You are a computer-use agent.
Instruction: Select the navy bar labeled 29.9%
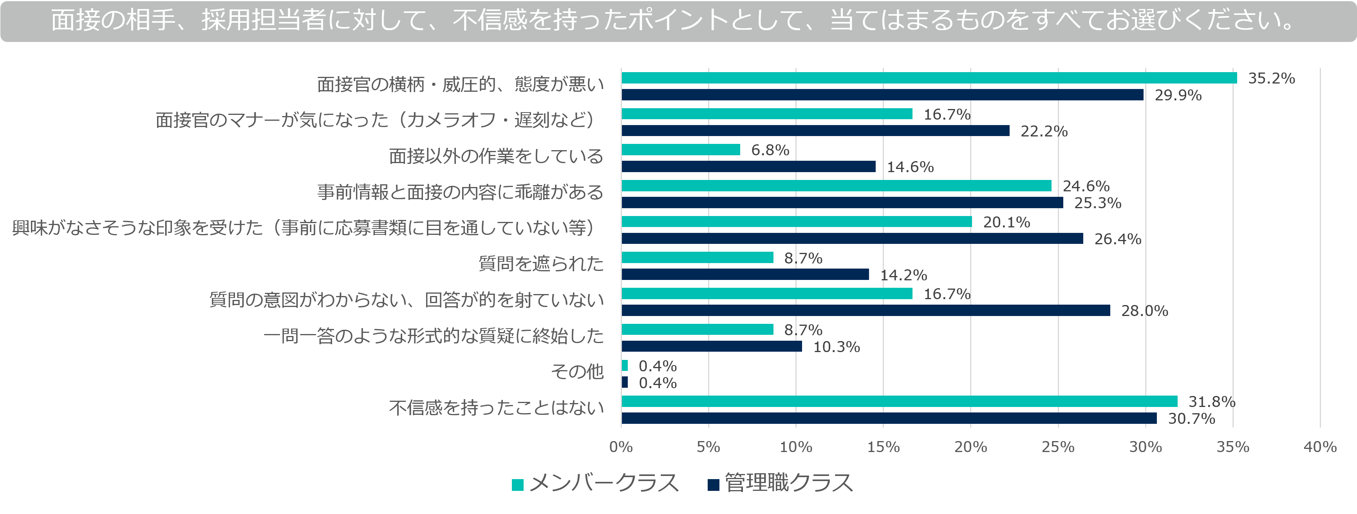[882, 95]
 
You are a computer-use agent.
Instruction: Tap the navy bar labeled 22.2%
[815, 131]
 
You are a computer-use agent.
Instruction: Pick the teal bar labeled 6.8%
[681, 150]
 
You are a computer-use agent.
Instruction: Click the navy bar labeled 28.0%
[866, 311]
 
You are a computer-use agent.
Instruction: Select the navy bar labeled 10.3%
[712, 346]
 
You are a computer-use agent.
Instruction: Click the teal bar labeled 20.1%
[797, 222]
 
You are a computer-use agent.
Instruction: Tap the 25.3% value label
[1097, 203]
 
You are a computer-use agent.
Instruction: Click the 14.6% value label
[910, 167]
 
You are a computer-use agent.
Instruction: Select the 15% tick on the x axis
[884, 447]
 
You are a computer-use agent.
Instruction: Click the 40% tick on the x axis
[1319, 447]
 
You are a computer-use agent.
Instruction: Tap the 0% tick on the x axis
[621, 447]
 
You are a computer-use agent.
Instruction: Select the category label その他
[577, 372]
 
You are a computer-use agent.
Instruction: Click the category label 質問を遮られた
[540, 263]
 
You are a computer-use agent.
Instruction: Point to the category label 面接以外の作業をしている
[496, 156]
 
